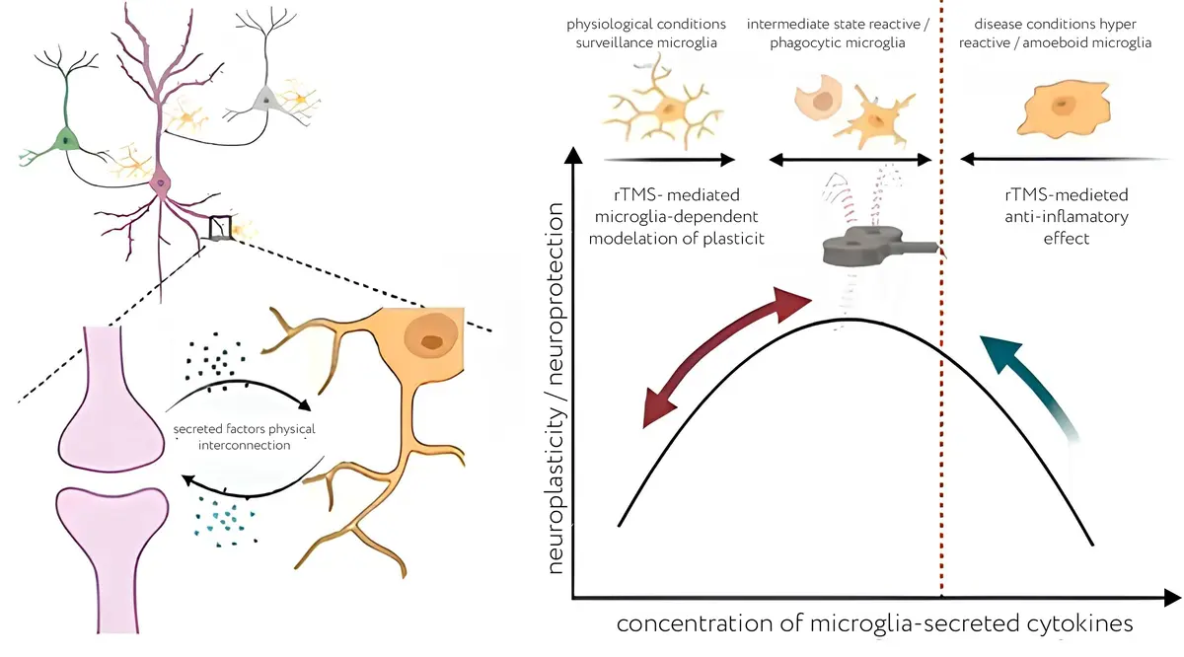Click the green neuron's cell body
click(66, 139)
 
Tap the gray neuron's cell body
click(264, 99)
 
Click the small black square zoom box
click(219, 228)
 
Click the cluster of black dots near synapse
click(213, 357)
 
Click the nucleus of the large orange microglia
click(431, 341)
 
